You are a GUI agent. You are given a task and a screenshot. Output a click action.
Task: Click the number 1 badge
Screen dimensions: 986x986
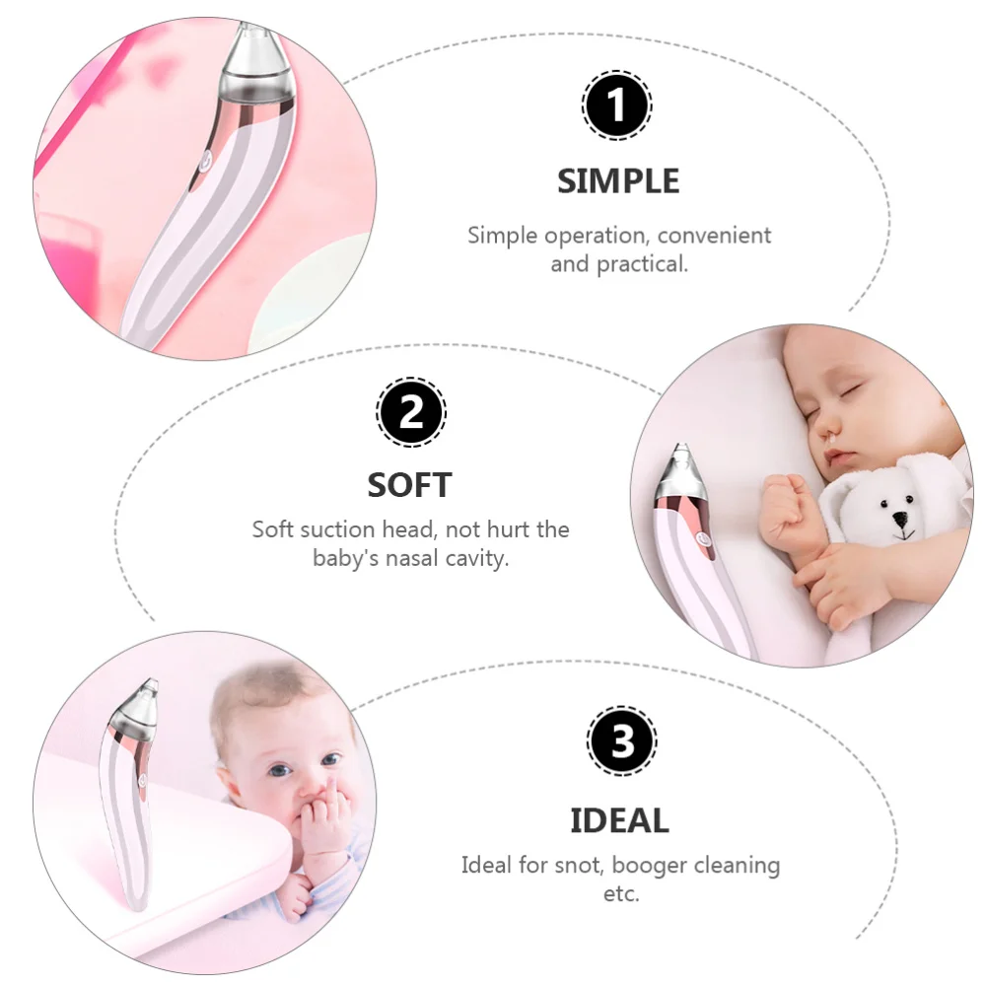click(x=616, y=106)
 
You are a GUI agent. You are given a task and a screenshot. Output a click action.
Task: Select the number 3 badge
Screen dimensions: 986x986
click(x=620, y=741)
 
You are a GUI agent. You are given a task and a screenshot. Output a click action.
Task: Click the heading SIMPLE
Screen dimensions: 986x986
click(x=618, y=181)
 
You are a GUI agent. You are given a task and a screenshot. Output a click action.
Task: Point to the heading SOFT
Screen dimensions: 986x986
click(x=409, y=485)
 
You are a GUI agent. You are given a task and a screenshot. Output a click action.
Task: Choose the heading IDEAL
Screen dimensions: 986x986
click(x=619, y=820)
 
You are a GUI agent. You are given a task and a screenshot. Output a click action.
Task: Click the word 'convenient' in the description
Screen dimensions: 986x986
click(x=714, y=236)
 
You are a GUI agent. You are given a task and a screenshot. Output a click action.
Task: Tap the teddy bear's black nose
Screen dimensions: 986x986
click(x=899, y=517)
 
